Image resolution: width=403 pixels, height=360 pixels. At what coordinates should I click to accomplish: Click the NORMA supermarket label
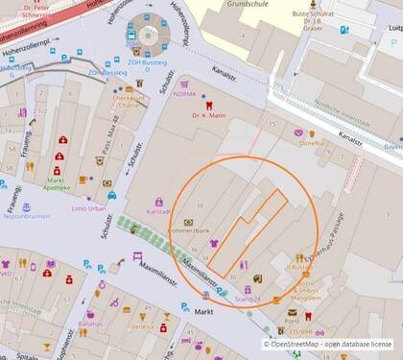[182, 93]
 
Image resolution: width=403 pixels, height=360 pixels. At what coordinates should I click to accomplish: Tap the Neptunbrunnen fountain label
[25, 217]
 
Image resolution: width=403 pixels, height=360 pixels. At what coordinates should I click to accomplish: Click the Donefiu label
[312, 143]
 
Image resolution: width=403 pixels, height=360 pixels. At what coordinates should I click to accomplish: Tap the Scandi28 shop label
[248, 300]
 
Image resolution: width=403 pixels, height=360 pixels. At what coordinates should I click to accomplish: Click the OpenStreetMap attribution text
[330, 343]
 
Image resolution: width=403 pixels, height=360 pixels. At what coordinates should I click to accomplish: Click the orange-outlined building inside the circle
[250, 230]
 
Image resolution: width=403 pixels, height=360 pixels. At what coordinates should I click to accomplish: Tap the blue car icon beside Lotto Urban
[111, 195]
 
